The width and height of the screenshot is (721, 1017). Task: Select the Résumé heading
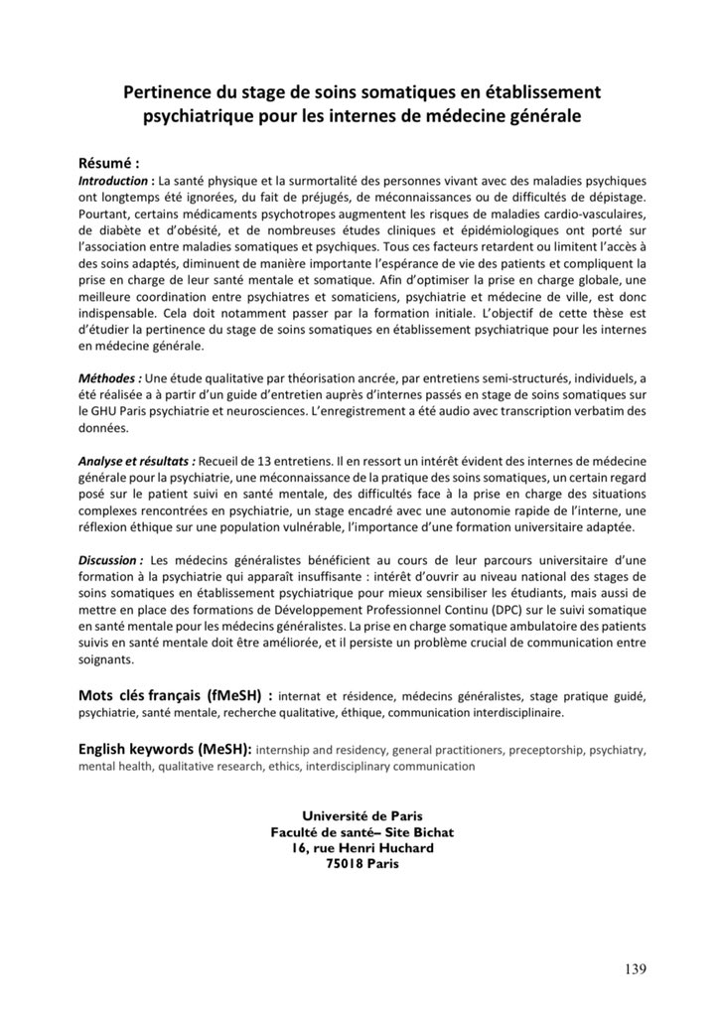(109, 163)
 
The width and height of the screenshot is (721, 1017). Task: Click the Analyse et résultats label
(137, 461)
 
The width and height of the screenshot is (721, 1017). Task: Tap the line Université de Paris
(360, 816)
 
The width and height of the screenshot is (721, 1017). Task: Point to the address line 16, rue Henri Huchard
(360, 848)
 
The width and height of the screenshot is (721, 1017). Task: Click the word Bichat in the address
(432, 832)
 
